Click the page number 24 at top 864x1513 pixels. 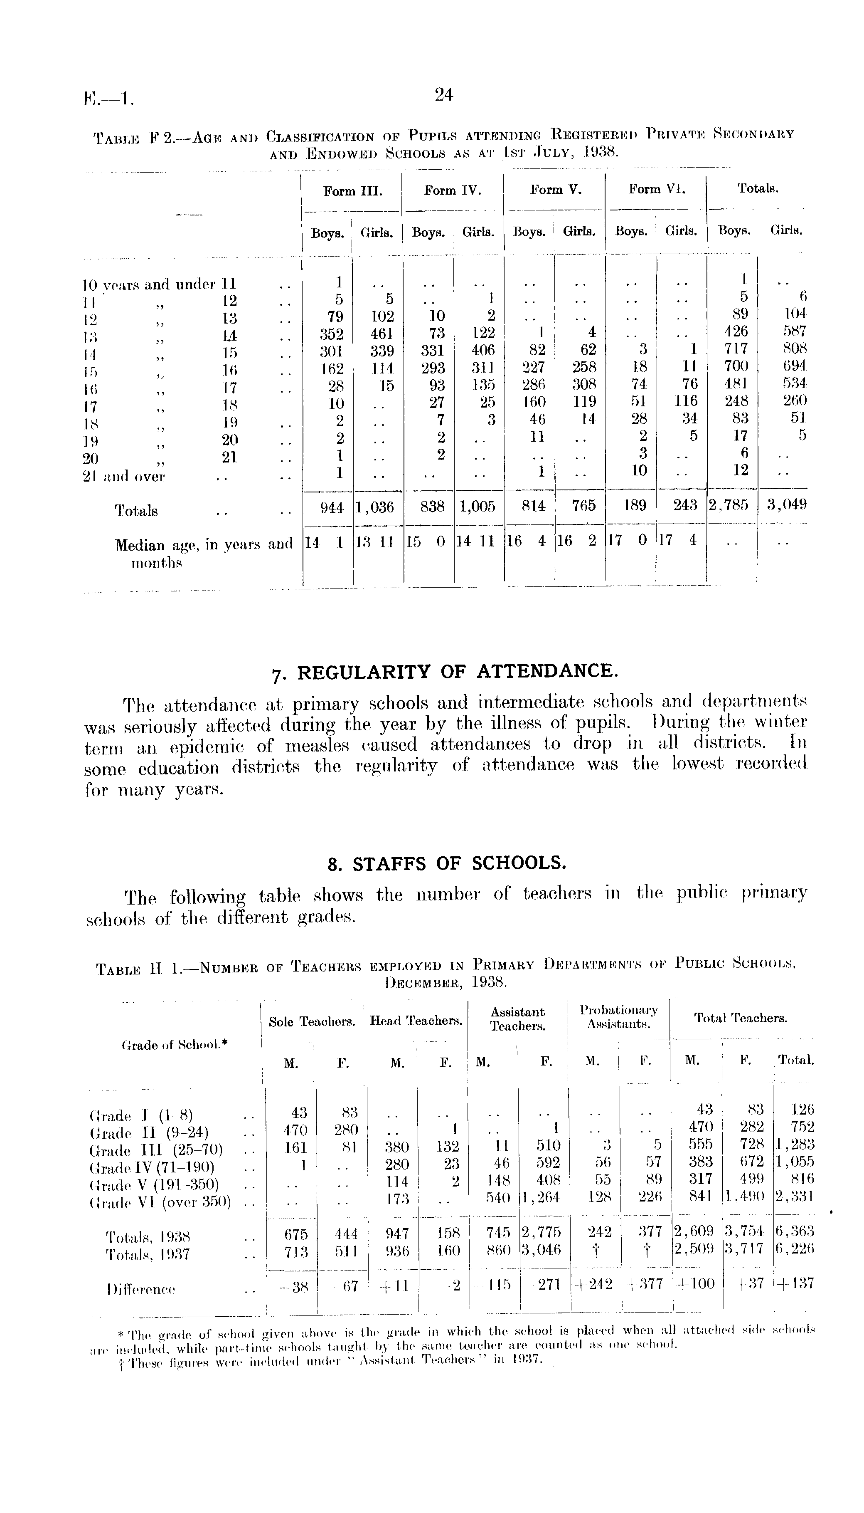(x=444, y=94)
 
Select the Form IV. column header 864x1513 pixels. (x=452, y=190)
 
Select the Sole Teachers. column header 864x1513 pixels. (x=312, y=1022)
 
